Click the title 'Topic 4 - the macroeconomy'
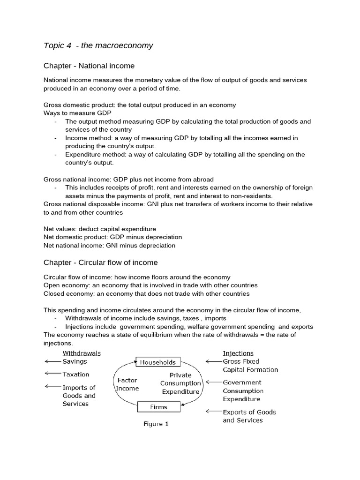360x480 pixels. pyautogui.click(x=98, y=45)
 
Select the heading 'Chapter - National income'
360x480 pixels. pyautogui.click(x=89, y=66)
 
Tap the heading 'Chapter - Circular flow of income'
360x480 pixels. pyautogui.click(x=100, y=262)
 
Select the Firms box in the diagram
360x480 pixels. pyautogui.click(x=159, y=407)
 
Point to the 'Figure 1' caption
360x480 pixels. pyautogui.click(x=156, y=424)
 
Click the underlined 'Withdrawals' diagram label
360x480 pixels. pyautogui.click(x=81, y=353)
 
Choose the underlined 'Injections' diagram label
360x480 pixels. pyautogui.click(x=238, y=353)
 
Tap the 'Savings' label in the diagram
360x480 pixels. pyautogui.click(x=75, y=361)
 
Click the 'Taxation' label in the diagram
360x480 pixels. pyautogui.click(x=76, y=375)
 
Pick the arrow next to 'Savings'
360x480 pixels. pyautogui.click(x=52, y=361)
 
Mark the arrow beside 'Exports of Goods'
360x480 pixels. pyautogui.click(x=213, y=412)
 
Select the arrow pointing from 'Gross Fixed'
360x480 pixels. pyautogui.click(x=213, y=361)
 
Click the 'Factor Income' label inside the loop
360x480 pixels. pyautogui.click(x=127, y=384)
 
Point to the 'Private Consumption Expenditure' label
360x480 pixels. pyautogui.click(x=180, y=383)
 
